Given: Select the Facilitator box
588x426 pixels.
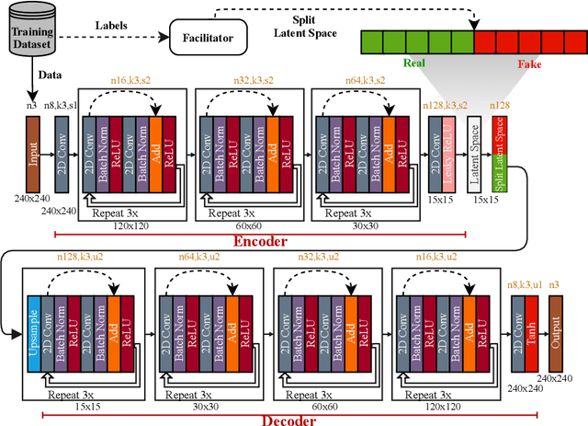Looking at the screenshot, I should [203, 39].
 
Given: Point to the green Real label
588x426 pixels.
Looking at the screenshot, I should [412, 65].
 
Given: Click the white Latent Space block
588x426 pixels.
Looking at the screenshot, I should [474, 155].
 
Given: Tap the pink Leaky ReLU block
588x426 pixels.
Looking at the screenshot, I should [447, 155].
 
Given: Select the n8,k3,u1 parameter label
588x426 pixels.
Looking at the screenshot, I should [524, 285].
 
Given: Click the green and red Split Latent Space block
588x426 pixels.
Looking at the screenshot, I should [502, 155].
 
